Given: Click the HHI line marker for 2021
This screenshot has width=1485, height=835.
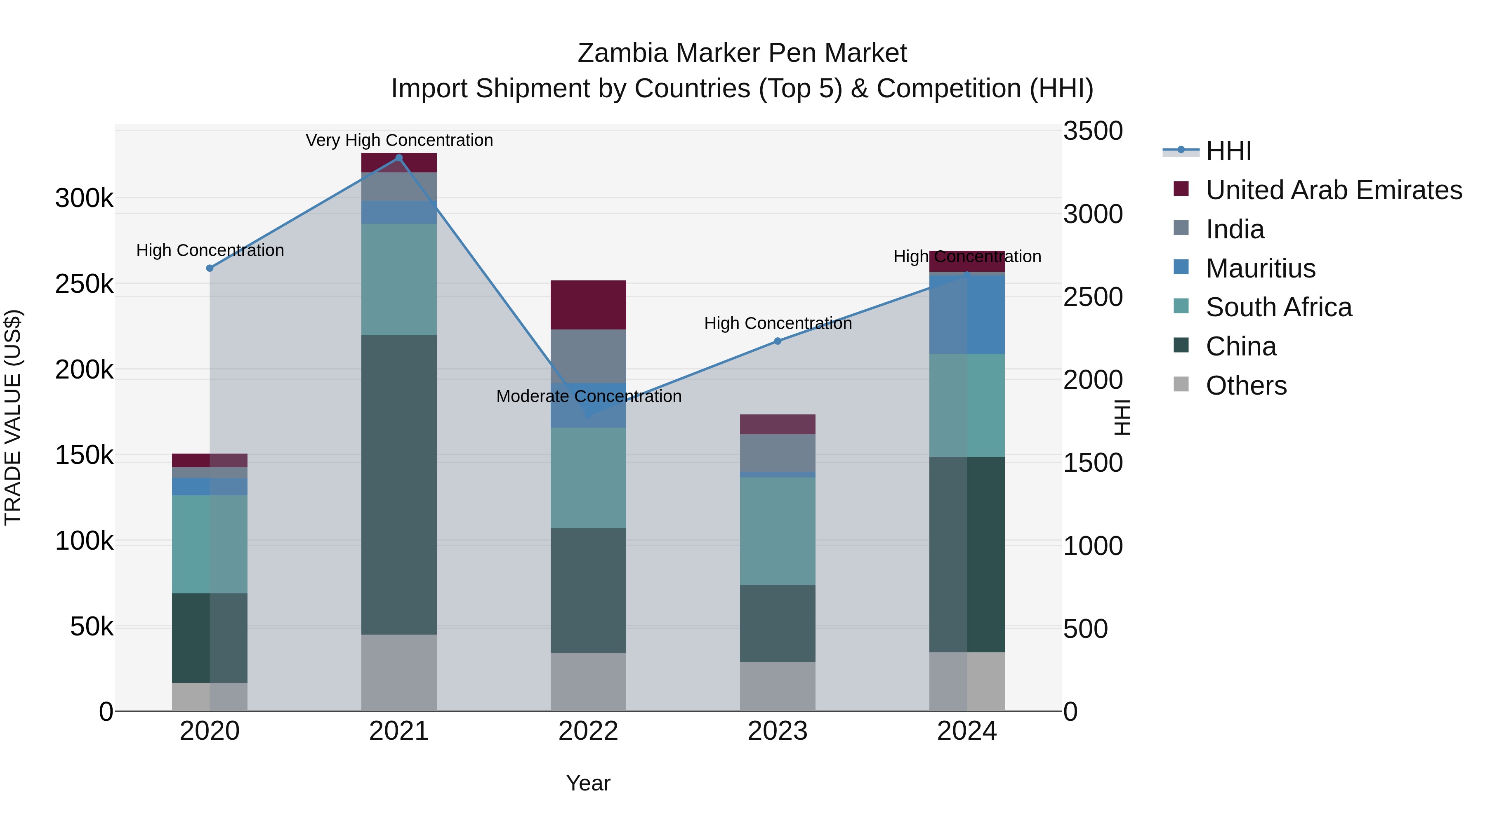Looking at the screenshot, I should (399, 158).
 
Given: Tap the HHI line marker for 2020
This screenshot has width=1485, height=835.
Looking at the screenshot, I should (210, 268).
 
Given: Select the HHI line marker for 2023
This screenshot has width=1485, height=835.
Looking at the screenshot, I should (777, 341).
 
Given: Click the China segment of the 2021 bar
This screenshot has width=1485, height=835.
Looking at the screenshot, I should (399, 484).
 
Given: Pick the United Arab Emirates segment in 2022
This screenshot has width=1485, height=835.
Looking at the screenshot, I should (588, 305).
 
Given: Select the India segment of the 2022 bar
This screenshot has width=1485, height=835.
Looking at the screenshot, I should (588, 356).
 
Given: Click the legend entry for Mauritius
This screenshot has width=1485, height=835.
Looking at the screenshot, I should (1260, 268).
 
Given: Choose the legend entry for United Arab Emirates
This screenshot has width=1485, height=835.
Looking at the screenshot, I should (1333, 190).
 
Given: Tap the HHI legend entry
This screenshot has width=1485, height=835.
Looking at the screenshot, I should (1228, 151).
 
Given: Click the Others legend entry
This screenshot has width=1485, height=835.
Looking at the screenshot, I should (1246, 386).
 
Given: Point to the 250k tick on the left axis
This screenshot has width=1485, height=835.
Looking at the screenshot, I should (84, 284).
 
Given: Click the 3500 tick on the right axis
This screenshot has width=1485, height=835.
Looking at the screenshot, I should (1092, 131).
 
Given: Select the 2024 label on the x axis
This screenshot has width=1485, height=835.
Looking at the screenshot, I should (967, 731).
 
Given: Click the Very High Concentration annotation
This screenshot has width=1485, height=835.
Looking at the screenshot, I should (399, 141).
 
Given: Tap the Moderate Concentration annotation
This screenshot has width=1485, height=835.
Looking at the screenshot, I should (589, 396).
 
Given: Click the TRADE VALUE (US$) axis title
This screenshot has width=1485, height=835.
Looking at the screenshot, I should (13, 417).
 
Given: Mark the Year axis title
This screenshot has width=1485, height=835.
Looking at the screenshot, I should (588, 783).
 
